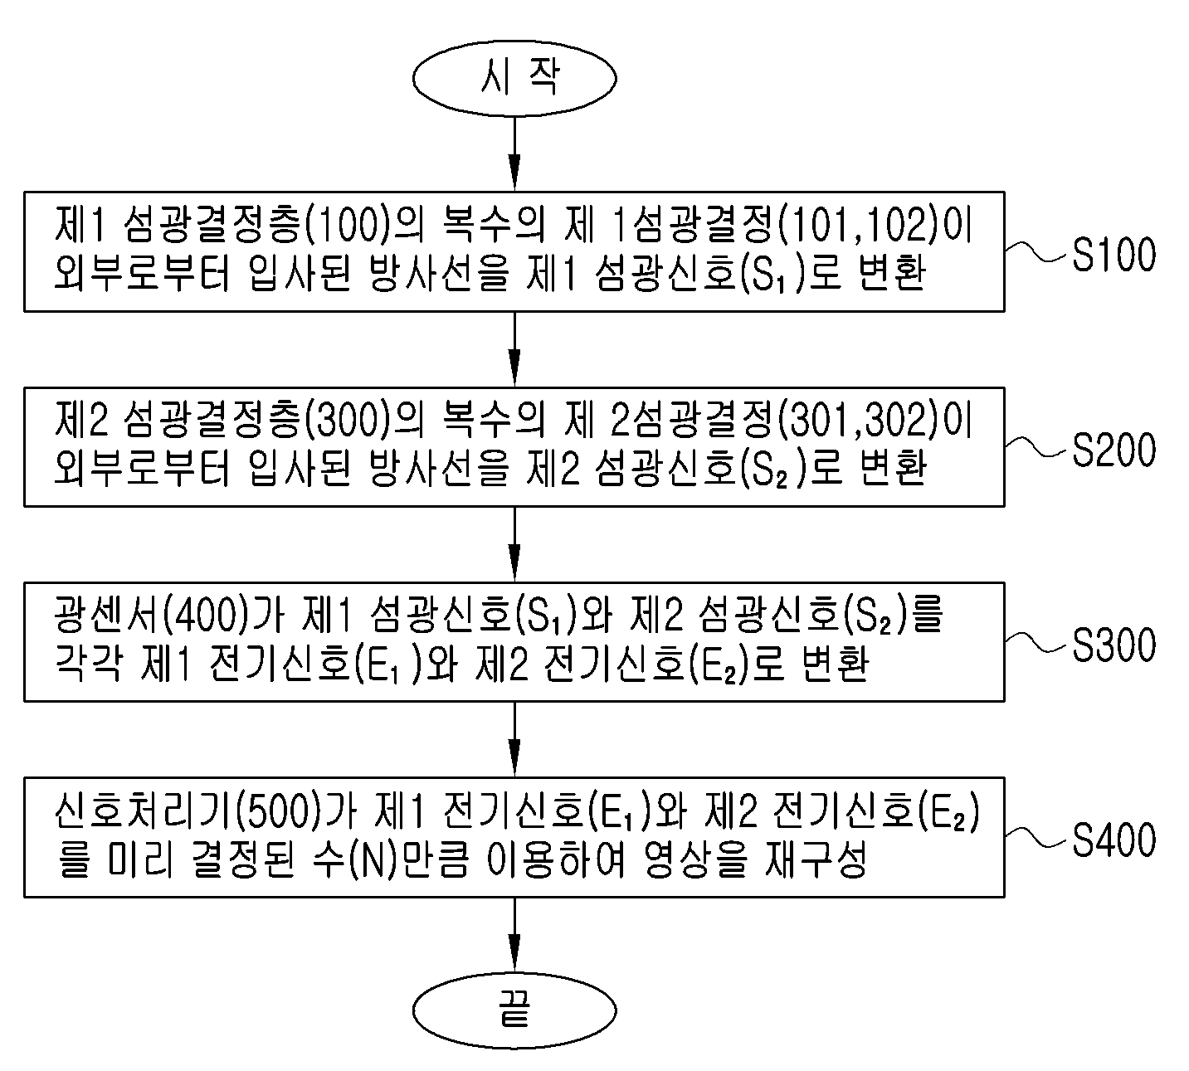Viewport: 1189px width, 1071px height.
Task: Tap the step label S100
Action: [x=1114, y=255]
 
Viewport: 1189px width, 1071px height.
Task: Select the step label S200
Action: [x=1114, y=450]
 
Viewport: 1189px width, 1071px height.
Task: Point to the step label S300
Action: [x=1114, y=645]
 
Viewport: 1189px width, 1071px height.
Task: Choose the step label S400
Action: [x=1114, y=840]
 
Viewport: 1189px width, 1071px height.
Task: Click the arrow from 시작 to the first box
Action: [x=514, y=153]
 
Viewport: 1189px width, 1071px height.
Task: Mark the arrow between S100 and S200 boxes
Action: [x=514, y=349]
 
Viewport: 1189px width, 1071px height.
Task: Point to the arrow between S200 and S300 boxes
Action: [x=514, y=544]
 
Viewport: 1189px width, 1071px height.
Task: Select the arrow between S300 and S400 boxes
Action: [x=514, y=739]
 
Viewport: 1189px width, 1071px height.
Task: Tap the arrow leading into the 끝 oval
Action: [x=514, y=935]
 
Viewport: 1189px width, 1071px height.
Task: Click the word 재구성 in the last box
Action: [x=815, y=859]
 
